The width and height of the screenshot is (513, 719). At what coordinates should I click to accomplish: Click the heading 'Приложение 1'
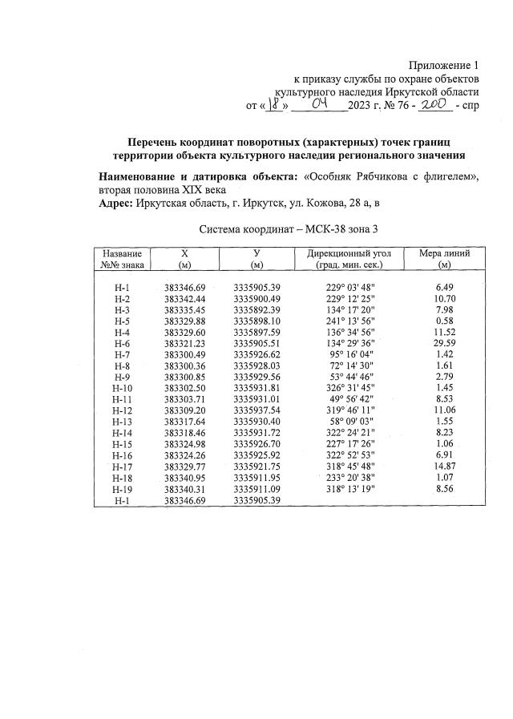point(443,65)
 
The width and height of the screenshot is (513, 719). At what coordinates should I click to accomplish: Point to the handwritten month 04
point(319,104)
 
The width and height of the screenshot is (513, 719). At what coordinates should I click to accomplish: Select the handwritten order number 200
point(433,104)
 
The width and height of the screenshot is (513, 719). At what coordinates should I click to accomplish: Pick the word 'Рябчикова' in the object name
point(388,176)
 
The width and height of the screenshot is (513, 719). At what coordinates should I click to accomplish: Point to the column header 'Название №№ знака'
point(123,258)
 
